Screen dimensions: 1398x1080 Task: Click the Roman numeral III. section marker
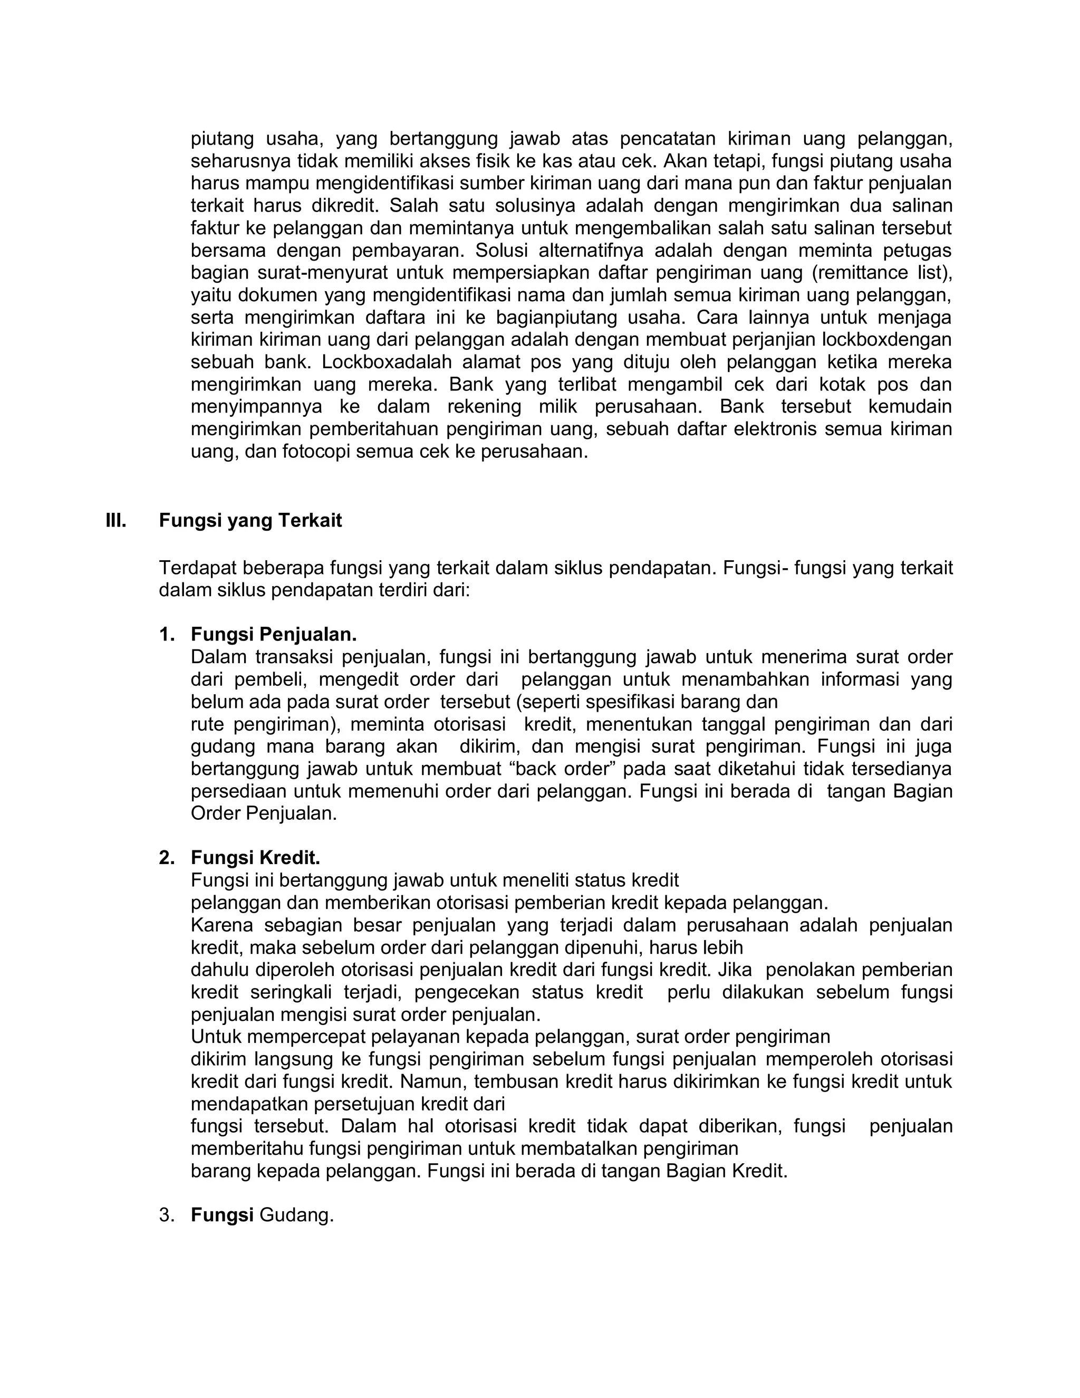tap(116, 520)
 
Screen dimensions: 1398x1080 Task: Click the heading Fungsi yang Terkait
tap(250, 520)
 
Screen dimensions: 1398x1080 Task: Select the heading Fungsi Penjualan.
tap(273, 635)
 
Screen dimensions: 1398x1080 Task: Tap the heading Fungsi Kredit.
tap(255, 858)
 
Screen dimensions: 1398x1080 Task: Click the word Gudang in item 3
tap(296, 1215)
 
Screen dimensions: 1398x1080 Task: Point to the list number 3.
tap(166, 1215)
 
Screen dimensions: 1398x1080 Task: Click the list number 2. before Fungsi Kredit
tap(166, 858)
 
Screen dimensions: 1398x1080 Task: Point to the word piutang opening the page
tap(221, 139)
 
